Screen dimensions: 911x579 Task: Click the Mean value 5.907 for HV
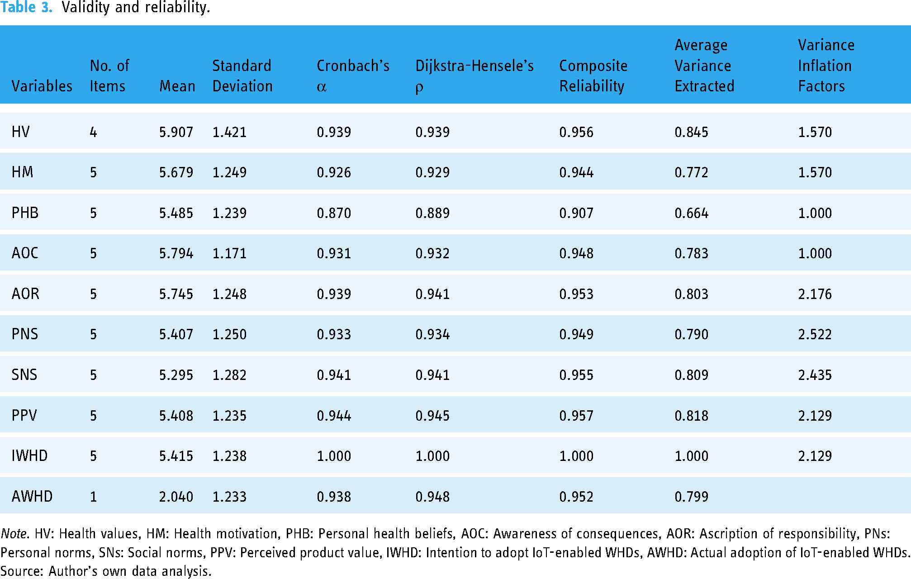click(176, 132)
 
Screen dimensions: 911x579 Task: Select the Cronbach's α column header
click(353, 76)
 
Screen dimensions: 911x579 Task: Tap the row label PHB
click(25, 213)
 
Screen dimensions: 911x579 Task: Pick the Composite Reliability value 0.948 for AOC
click(576, 253)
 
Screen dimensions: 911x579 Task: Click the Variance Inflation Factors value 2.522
click(815, 334)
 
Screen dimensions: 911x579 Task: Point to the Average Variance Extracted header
click(704, 66)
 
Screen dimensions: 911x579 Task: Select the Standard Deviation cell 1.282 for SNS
click(229, 375)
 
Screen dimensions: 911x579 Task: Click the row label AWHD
click(32, 496)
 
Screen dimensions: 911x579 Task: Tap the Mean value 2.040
click(176, 497)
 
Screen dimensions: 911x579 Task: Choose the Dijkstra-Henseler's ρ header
click(474, 76)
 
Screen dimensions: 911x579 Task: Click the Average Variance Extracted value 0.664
click(691, 213)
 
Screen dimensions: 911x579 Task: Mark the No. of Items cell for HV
click(93, 132)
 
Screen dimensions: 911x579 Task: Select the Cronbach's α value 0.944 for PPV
click(334, 416)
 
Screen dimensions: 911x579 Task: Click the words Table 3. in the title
click(26, 7)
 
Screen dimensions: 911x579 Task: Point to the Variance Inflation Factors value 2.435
click(815, 375)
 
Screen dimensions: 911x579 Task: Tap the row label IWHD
click(29, 456)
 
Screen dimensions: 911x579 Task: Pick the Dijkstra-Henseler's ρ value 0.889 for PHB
click(432, 213)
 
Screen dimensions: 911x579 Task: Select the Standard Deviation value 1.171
click(229, 253)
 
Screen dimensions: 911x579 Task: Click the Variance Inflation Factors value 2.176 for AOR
click(815, 294)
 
